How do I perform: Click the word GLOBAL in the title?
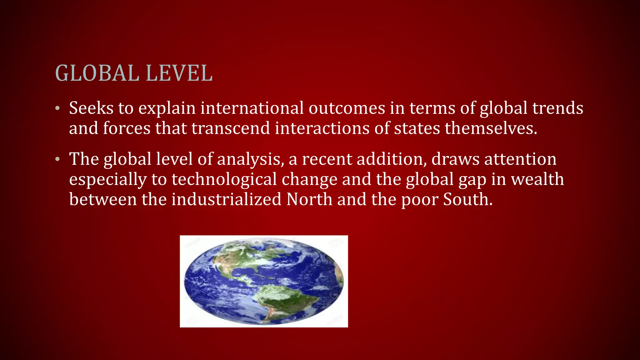point(97,73)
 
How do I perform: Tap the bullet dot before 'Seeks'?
point(57,109)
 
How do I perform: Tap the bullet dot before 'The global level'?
point(57,160)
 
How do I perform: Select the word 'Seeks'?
point(91,108)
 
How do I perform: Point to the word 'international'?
point(252,108)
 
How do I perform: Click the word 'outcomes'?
point(347,108)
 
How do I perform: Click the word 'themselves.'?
point(491,128)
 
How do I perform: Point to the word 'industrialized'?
point(227,199)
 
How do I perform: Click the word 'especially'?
point(108,180)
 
